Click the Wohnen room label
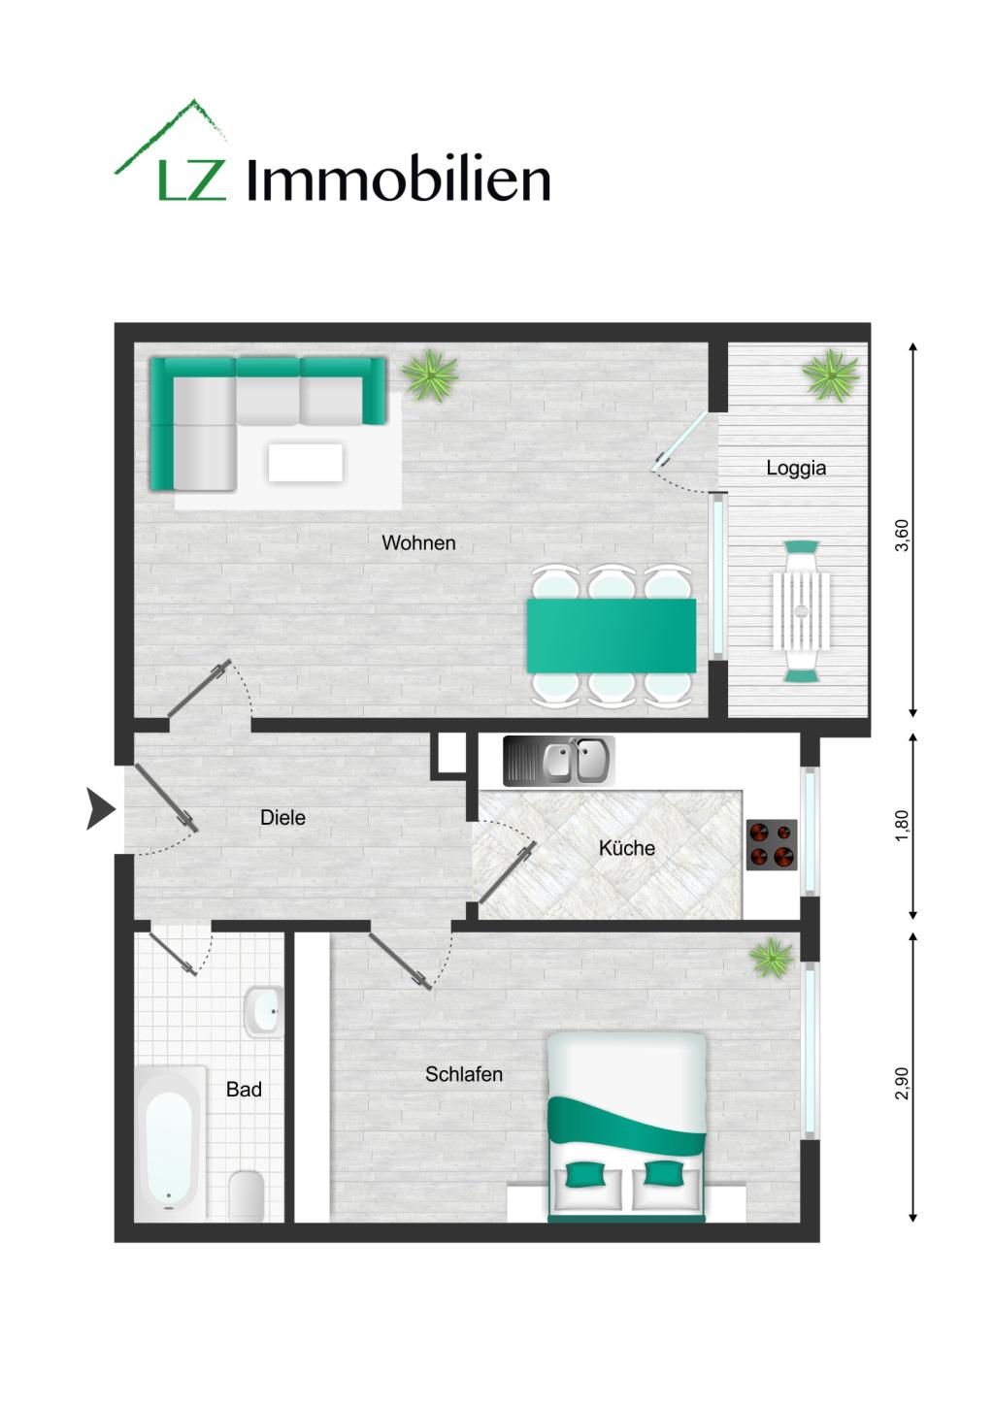click(x=418, y=543)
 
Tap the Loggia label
click(x=796, y=468)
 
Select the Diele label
click(x=282, y=818)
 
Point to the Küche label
click(x=626, y=848)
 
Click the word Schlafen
click(x=464, y=1074)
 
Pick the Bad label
click(x=244, y=1090)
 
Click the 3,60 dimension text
click(x=902, y=536)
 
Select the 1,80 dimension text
click(x=902, y=826)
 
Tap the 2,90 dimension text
click(x=902, y=1082)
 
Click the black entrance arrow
click(x=99, y=809)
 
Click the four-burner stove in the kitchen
click(x=772, y=845)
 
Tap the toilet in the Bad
click(x=246, y=1195)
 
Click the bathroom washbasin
click(x=262, y=1011)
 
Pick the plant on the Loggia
click(x=831, y=376)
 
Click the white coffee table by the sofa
click(x=306, y=462)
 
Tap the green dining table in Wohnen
click(x=611, y=636)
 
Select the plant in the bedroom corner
click(x=772, y=959)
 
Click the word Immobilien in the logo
click(x=399, y=180)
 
